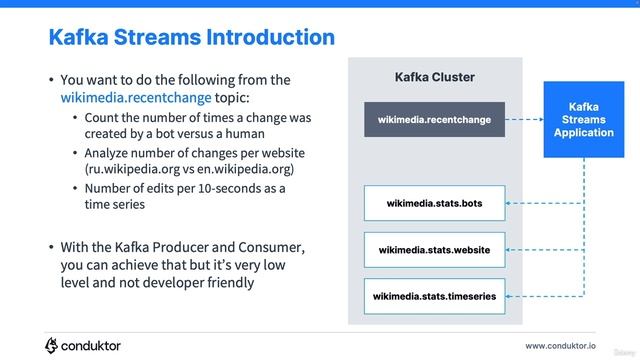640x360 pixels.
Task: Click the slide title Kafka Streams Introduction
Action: (x=191, y=38)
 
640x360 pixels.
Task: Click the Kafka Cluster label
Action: (x=435, y=77)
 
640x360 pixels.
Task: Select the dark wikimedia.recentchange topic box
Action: (x=434, y=120)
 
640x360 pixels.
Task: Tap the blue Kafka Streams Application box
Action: (x=583, y=119)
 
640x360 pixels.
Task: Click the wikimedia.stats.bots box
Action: (x=434, y=203)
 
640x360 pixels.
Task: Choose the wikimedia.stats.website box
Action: (x=434, y=249)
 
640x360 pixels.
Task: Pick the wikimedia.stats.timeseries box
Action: (x=434, y=296)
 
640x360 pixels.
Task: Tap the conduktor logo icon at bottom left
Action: (x=54, y=345)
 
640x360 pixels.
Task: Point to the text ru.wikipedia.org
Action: (x=132, y=169)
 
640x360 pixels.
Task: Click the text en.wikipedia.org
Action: (x=226, y=169)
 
